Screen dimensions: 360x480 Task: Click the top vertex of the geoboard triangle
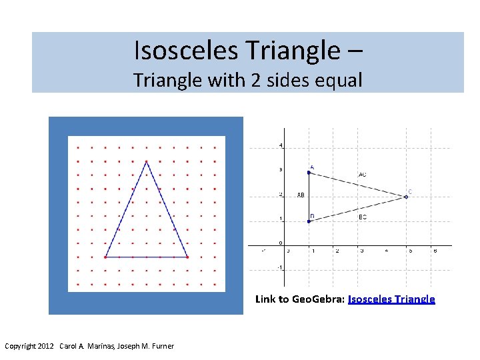(x=147, y=161)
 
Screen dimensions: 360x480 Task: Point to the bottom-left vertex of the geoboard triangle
(x=105, y=257)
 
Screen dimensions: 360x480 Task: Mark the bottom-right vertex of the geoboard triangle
(x=187, y=257)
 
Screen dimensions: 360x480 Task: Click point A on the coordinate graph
(x=309, y=173)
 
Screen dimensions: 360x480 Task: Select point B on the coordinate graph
(x=309, y=221)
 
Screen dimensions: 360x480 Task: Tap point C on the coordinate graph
(x=406, y=197)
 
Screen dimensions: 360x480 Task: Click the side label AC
(x=362, y=175)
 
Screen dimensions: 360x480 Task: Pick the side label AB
(x=301, y=195)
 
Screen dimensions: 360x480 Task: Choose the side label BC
(x=363, y=217)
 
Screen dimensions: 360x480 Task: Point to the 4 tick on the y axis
(x=281, y=145)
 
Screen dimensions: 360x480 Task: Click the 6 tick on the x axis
(x=435, y=251)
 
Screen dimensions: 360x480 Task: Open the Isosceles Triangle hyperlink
(x=391, y=299)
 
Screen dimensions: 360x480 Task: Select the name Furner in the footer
(x=161, y=346)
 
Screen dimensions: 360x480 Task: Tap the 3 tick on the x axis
(x=361, y=251)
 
